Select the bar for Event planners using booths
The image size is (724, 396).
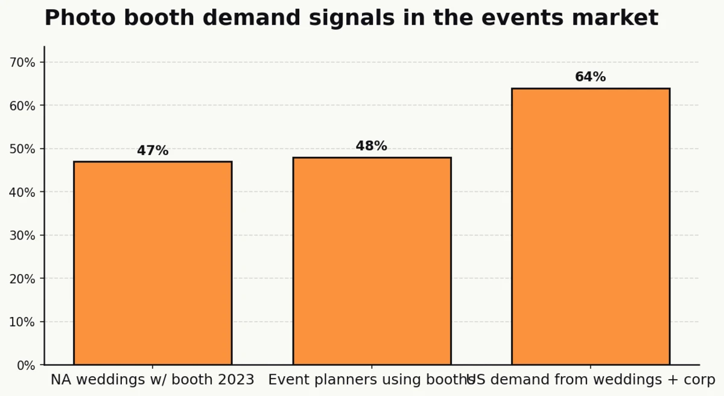[x=372, y=261]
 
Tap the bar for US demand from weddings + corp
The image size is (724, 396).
[x=591, y=226]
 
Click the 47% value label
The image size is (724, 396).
[x=153, y=151]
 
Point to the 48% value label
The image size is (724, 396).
[x=372, y=146]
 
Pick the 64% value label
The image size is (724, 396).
[x=591, y=77]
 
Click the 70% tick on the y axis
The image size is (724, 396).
[x=22, y=62]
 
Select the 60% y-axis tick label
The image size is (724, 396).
[x=22, y=106]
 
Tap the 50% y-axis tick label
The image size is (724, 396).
[x=22, y=149]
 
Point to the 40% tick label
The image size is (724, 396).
[x=22, y=192]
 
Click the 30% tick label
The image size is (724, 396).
[x=22, y=235]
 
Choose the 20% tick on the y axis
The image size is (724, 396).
[x=22, y=279]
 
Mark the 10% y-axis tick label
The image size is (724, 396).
[x=22, y=322]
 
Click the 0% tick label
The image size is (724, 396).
[x=25, y=365]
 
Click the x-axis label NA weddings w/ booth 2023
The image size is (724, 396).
[x=153, y=380]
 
